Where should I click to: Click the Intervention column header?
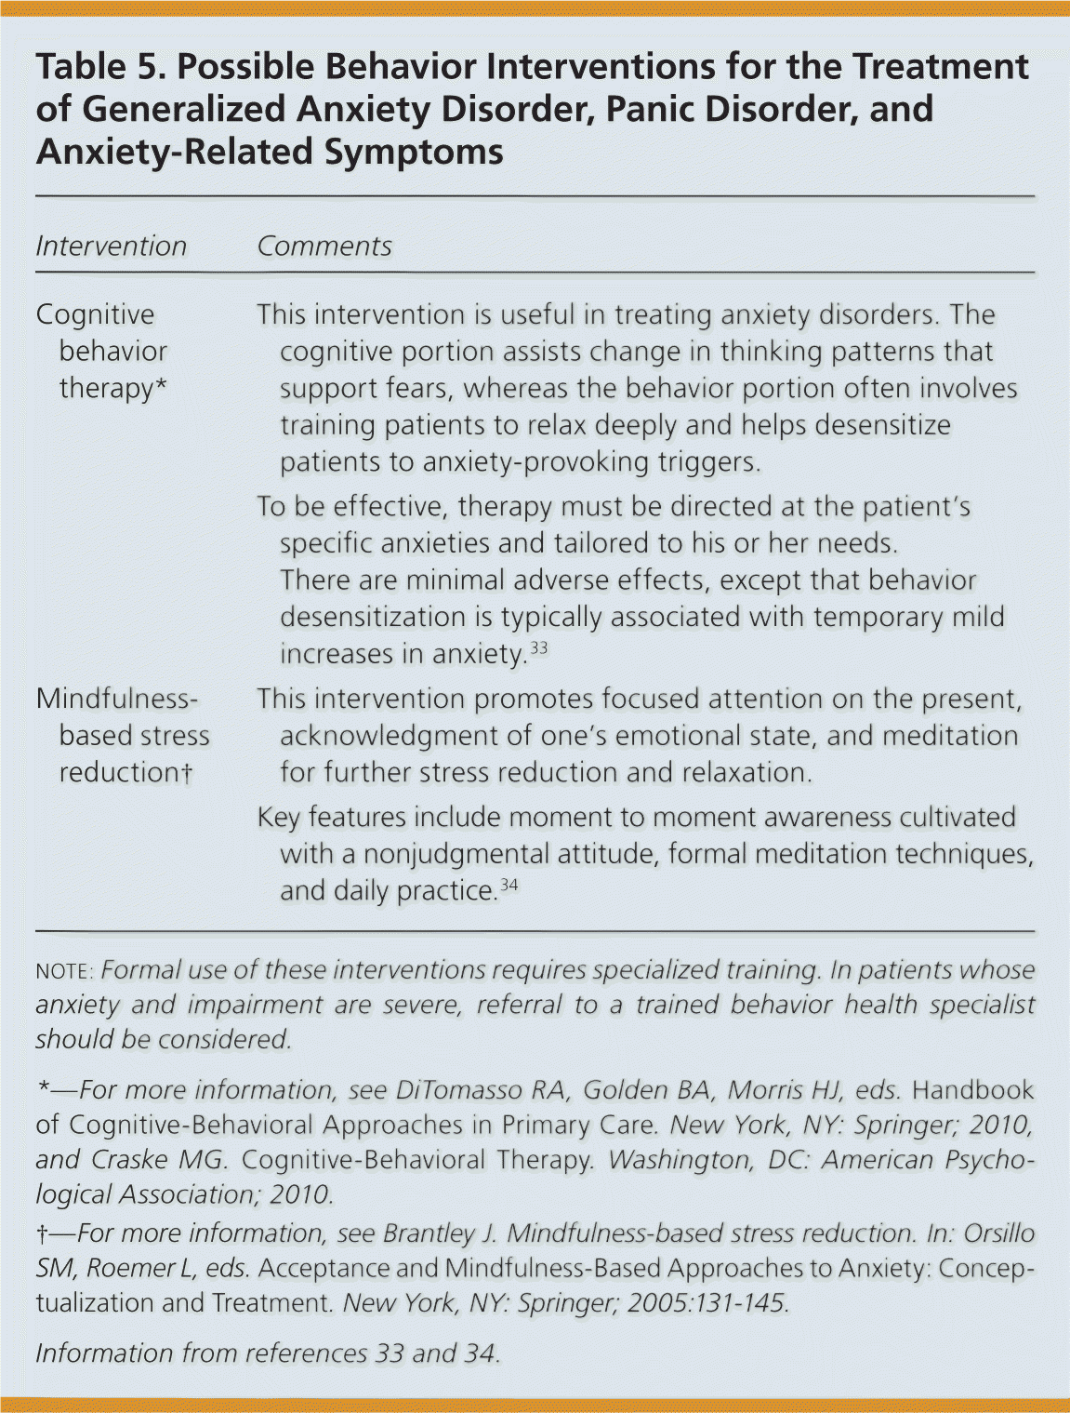click(112, 247)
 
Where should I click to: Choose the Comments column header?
click(324, 247)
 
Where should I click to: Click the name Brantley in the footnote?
click(428, 1233)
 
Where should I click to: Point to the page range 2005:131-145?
click(707, 1302)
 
